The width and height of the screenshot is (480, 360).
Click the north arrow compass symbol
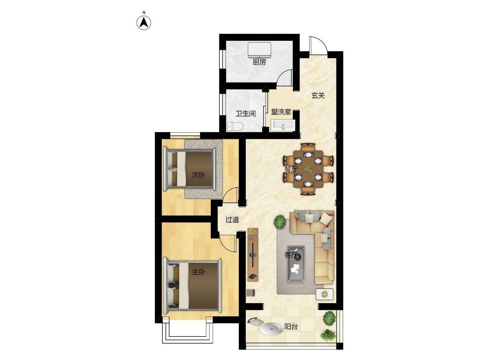144,23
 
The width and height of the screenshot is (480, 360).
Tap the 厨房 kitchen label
259,62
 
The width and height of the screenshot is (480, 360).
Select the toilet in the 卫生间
235,126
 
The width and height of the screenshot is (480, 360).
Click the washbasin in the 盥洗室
283,126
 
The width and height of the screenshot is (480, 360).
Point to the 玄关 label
318,96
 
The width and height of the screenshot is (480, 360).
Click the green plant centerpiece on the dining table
308,169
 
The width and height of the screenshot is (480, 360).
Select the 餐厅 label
291,169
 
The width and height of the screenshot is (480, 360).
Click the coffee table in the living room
296,264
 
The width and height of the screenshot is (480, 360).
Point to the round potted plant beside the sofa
280,222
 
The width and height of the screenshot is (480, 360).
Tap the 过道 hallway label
232,220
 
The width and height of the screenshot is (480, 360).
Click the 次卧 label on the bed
198,175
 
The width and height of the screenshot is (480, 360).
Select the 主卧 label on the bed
198,272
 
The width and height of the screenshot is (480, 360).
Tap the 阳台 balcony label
291,326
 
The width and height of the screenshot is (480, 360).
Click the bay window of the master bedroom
188,333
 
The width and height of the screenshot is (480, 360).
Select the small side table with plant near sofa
324,294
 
